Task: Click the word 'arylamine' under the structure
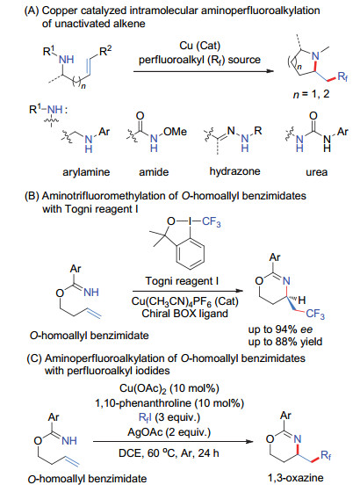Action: (x=86, y=172)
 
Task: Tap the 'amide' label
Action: (x=154, y=172)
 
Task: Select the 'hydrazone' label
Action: (x=235, y=171)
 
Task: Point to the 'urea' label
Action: (x=316, y=172)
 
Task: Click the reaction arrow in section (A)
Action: (x=204, y=71)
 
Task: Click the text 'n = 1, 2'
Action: (x=311, y=94)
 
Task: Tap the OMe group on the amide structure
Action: (x=175, y=131)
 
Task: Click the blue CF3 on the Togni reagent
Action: (x=211, y=222)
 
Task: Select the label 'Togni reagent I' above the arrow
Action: (x=182, y=281)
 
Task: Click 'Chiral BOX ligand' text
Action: (x=184, y=314)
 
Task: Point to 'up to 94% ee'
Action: (x=281, y=329)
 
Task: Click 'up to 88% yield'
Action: (x=285, y=342)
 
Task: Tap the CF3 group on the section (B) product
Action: (x=315, y=314)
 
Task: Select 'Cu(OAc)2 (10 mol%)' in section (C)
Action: (x=169, y=388)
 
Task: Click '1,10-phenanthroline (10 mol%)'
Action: (x=169, y=403)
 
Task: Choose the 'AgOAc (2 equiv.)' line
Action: (x=169, y=432)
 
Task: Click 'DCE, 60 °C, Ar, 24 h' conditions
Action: (x=169, y=453)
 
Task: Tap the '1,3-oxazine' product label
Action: (x=295, y=478)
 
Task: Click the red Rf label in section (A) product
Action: (x=342, y=76)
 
